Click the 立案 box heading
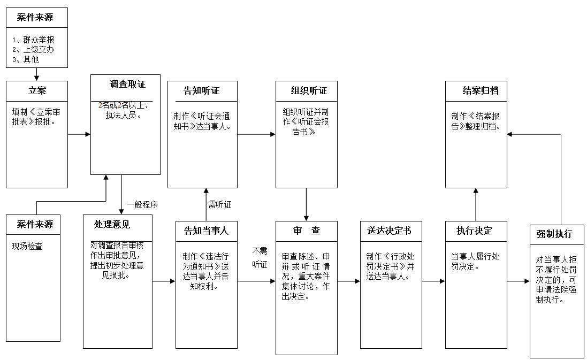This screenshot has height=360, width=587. [37, 91]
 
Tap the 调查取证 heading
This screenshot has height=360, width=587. [127, 85]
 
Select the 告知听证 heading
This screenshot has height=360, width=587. [202, 91]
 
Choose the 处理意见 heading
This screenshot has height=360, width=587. [112, 224]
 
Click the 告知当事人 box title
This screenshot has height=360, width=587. [206, 231]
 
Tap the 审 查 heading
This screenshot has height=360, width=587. [307, 231]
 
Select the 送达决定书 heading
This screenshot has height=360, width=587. [389, 231]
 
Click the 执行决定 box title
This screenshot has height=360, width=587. [474, 231]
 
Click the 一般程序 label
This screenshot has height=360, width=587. [142, 204]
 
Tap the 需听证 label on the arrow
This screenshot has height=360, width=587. [220, 204]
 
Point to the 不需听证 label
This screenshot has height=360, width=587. [260, 257]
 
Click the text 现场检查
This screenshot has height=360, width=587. [27, 247]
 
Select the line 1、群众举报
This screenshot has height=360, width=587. [33, 40]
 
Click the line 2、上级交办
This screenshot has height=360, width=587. [33, 49]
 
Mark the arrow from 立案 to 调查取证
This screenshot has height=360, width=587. [79, 134]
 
